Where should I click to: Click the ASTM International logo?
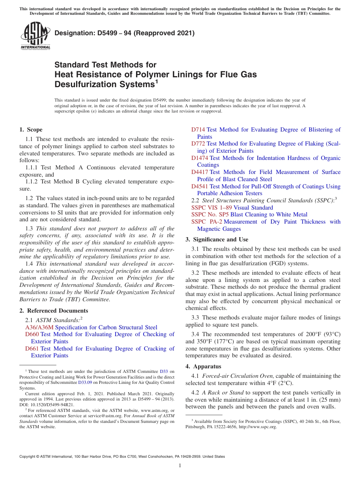tap(35, 36)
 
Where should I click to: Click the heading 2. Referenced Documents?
tap(53, 311)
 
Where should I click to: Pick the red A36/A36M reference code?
tap(39, 327)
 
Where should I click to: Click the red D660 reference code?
tap(32, 334)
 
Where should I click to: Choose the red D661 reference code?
tap(32, 349)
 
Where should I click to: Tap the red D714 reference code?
tap(198, 130)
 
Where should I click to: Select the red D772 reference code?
tap(198, 144)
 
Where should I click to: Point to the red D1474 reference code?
tap(200, 158)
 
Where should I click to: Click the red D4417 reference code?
tap(200, 172)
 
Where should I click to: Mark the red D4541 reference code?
tap(200, 186)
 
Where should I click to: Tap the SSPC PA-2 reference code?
tap(207, 222)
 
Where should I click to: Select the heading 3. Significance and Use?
tap(217, 239)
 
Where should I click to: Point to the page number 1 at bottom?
tap(180, 466)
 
